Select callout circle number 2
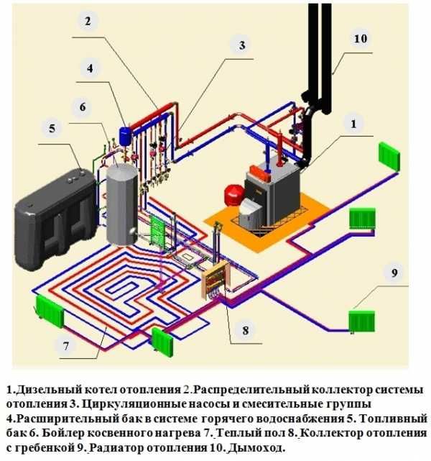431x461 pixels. [87, 21]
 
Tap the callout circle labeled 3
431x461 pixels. [242, 45]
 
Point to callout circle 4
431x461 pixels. [90, 69]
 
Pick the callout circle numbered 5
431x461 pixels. [51, 129]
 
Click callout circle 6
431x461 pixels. [83, 107]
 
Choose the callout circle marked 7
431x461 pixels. [65, 346]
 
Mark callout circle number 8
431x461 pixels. [245, 331]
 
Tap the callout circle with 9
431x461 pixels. [394, 273]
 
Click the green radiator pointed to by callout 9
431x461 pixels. [361, 319]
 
